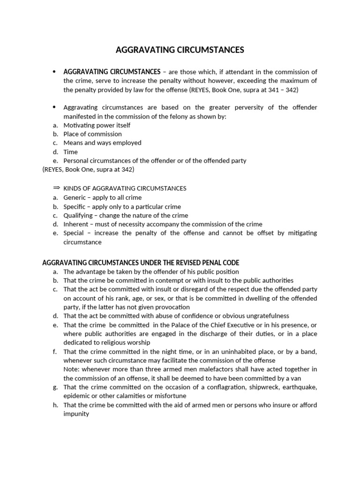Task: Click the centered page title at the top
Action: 180,50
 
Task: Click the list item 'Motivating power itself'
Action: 97,125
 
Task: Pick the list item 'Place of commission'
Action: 92,134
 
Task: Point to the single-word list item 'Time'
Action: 70,152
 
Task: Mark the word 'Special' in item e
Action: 74,233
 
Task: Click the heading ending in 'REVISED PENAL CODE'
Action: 141,262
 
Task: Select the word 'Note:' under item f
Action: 72,369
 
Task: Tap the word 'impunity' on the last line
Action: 76,414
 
